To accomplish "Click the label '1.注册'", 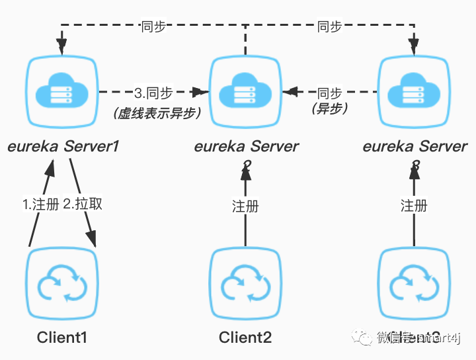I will click(x=41, y=204).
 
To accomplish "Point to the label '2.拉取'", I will click(x=83, y=204).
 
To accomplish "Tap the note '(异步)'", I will click(x=329, y=109).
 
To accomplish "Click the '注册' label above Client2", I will click(x=245, y=206).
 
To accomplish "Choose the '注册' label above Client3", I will click(x=415, y=206).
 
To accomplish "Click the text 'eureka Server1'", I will click(x=63, y=146).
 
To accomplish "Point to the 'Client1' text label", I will click(x=62, y=338).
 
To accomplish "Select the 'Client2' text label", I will click(x=245, y=338).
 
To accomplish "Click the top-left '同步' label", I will click(x=153, y=26).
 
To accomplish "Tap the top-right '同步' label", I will click(x=329, y=26).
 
